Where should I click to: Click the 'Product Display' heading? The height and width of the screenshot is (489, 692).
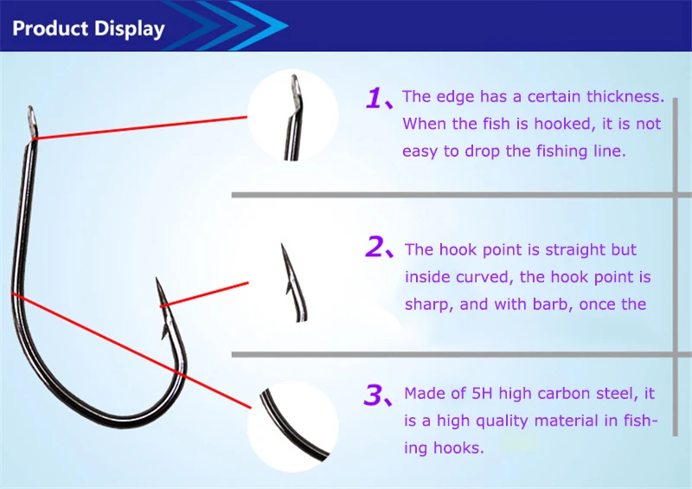coord(88,29)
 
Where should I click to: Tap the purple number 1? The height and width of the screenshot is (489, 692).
coord(374,98)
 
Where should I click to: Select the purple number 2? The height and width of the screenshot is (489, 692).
coord(375,247)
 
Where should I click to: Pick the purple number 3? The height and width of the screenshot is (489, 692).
coord(374,395)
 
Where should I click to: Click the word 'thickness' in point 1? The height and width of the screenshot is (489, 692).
coord(625,97)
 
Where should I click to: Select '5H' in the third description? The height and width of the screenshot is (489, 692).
coord(482,393)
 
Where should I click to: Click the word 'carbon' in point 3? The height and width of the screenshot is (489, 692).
coord(565,393)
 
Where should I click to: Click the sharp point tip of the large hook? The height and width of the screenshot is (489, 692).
coord(157,279)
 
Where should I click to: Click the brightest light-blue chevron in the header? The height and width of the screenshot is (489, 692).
coord(259,25)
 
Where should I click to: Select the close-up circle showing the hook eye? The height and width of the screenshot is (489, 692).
coord(292,115)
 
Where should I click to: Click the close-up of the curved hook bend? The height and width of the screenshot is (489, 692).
coord(292,427)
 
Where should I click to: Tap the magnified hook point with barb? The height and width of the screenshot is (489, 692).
coord(293,283)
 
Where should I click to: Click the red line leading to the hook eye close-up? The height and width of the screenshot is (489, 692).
coord(141,128)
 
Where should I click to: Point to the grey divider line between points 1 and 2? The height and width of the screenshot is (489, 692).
coord(461,195)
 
